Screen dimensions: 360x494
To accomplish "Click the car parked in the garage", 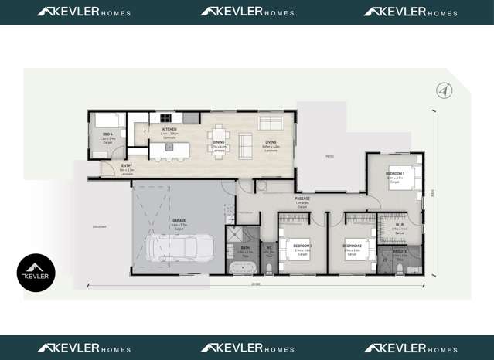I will [176, 249].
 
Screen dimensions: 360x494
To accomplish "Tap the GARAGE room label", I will [179, 220].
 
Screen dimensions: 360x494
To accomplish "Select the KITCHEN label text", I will [169, 129].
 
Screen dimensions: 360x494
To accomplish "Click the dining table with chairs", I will [219, 141].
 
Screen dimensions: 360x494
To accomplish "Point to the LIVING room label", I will [271, 143].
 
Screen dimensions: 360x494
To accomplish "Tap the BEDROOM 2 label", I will [353, 246].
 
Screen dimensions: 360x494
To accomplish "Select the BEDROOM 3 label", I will [302, 246].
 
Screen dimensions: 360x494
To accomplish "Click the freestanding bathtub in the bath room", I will [242, 268].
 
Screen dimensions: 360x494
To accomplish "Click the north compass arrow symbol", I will [444, 90].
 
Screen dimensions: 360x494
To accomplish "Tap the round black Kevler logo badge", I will [36, 273].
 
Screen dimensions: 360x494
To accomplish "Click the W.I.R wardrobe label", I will [399, 226].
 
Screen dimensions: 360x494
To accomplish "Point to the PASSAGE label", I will [302, 199].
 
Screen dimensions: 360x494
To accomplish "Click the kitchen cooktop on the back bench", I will [190, 117].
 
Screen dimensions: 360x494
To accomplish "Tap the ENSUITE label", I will [400, 252].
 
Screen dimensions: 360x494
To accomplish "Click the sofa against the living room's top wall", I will [270, 123].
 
